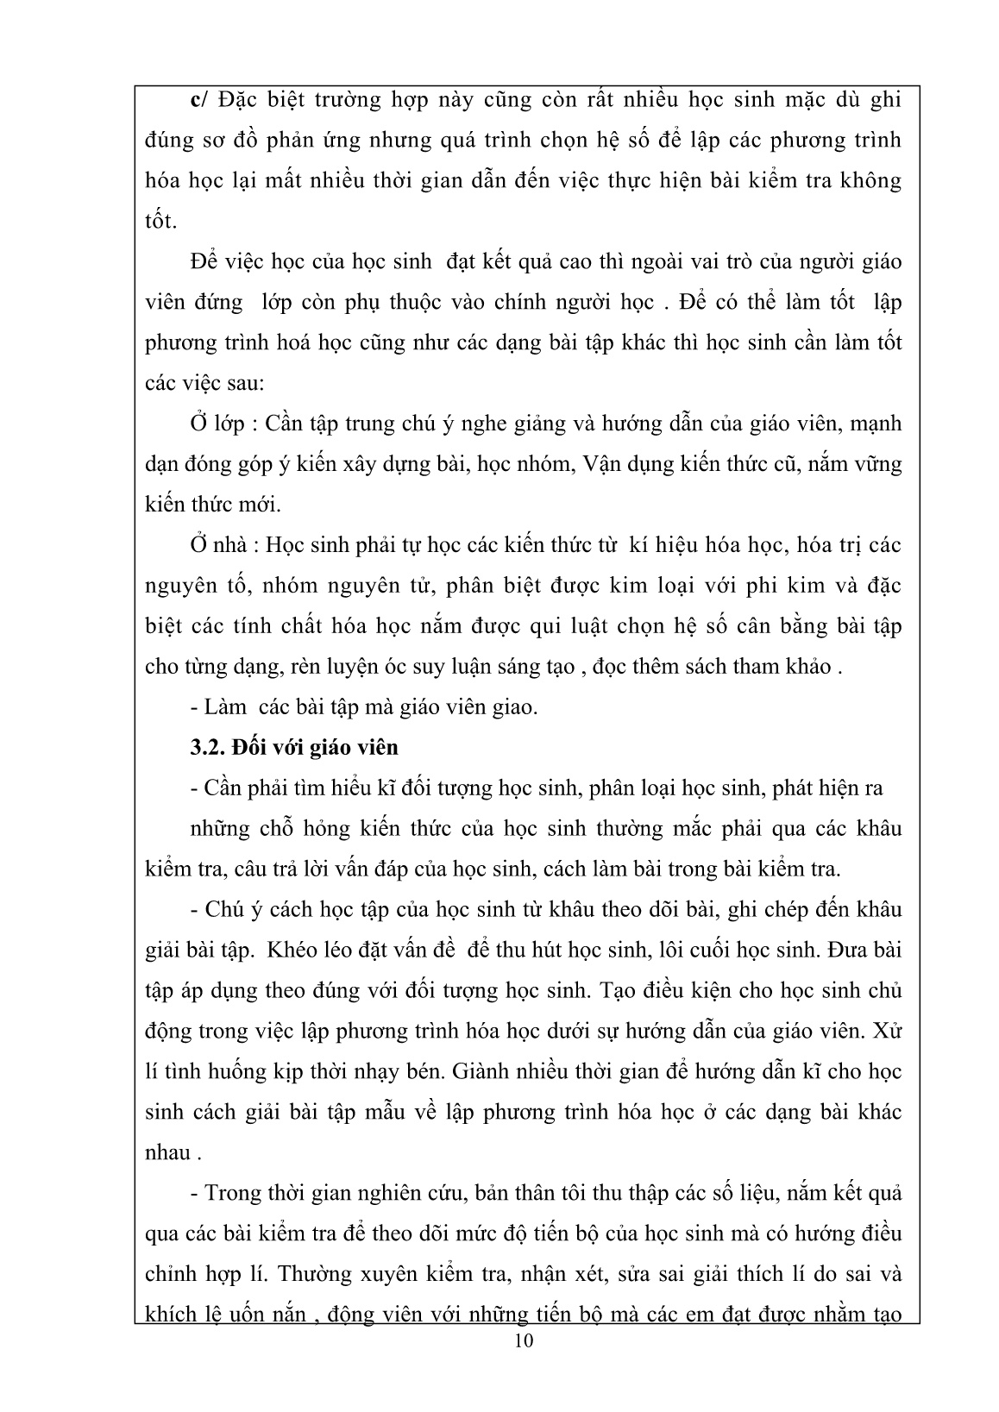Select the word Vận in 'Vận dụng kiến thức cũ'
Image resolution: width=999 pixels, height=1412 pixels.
point(604,463)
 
